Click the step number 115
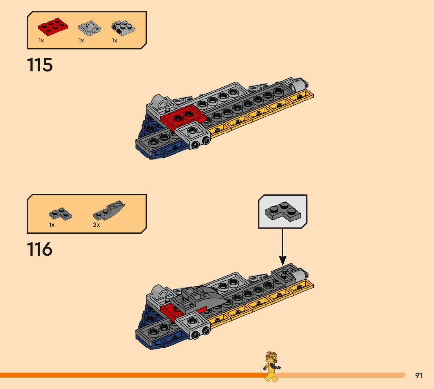40,65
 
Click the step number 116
40,249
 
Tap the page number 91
419,376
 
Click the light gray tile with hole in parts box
89,29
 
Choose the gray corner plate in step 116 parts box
60,213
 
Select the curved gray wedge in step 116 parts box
109,210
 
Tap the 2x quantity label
97,225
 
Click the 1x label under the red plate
41,40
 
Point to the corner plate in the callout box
283,212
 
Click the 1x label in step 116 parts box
52,225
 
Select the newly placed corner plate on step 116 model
284,273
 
